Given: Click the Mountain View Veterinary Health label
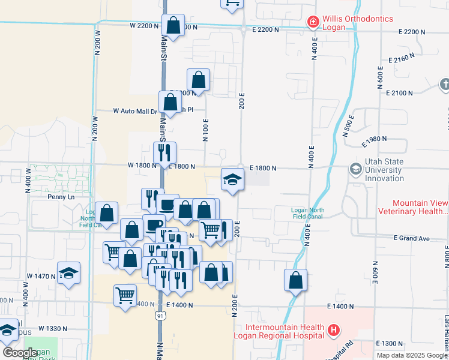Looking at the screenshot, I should (412, 207).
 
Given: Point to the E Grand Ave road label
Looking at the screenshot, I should (412, 238).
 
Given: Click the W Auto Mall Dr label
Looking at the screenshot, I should (134, 111).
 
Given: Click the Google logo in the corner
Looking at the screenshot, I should (20, 353).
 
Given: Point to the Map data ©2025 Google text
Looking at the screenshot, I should (412, 355).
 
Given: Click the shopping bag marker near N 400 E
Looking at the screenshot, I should (295, 280).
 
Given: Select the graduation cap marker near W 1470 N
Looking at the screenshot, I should (69, 273).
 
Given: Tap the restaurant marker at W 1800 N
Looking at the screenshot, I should (164, 153).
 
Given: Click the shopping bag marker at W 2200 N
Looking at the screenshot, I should (173, 26).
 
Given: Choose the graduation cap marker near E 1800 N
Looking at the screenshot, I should (232, 179).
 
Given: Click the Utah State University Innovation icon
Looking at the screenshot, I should (356, 169).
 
